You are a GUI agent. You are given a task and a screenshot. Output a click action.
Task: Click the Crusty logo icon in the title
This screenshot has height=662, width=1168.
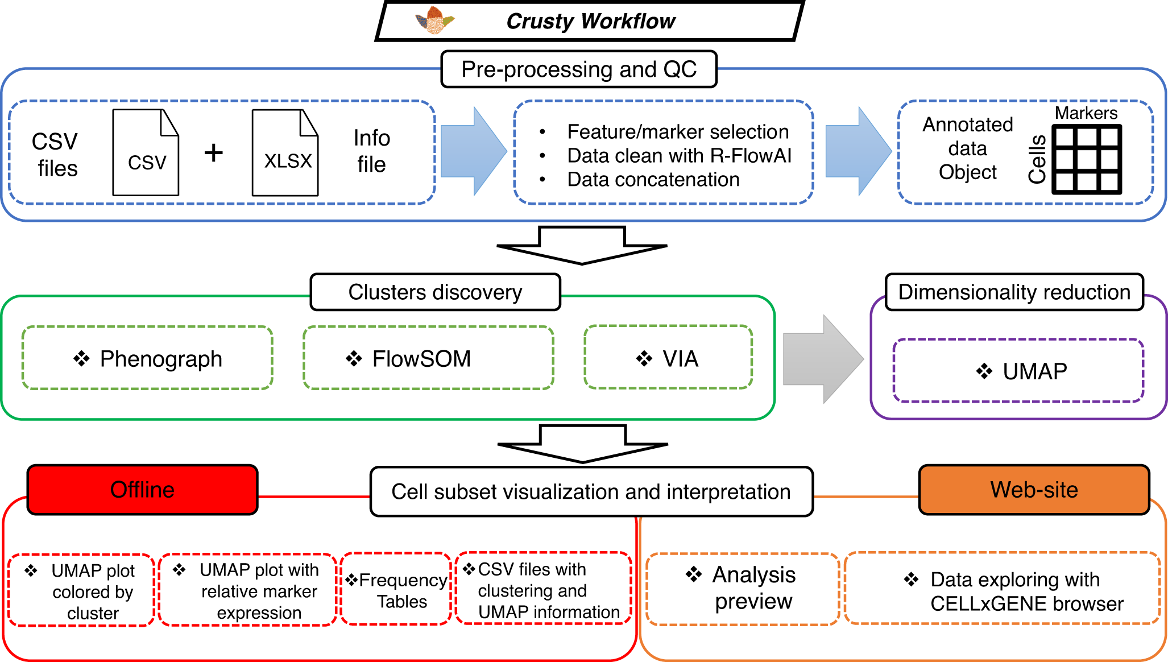(435, 20)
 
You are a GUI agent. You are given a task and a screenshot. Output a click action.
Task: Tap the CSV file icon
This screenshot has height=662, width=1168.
(146, 152)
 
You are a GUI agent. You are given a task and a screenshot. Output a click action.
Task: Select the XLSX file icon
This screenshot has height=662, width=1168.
(285, 152)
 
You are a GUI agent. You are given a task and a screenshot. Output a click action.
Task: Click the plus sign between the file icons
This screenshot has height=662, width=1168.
(214, 152)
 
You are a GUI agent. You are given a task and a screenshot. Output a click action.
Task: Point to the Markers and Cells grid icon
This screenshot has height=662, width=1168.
(1087, 160)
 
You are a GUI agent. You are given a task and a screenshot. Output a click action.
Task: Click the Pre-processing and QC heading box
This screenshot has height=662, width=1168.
(579, 69)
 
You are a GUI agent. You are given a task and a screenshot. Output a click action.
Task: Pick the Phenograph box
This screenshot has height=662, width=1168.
(147, 358)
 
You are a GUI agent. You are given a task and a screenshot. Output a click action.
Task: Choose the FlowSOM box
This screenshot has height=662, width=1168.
(428, 358)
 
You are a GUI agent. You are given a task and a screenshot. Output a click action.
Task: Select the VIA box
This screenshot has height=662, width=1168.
(668, 358)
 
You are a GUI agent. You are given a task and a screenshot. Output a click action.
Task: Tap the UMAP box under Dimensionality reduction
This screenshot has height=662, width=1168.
(1018, 371)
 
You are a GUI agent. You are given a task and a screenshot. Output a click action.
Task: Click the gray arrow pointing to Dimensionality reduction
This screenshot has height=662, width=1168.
(823, 359)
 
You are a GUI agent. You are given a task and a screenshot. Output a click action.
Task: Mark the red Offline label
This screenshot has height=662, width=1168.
(142, 490)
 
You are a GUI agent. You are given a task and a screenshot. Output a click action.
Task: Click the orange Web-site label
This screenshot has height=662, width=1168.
(1034, 490)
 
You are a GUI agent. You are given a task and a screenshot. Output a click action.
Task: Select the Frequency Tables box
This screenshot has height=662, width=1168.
(396, 589)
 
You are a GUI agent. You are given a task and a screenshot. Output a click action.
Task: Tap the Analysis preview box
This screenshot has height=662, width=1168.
(743, 588)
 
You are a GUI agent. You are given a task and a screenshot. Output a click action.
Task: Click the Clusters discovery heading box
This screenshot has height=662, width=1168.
(435, 292)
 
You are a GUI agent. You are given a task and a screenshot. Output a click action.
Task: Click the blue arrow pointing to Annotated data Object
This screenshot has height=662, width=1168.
(858, 151)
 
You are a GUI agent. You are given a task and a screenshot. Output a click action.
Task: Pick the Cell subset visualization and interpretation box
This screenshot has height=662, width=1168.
(591, 492)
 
